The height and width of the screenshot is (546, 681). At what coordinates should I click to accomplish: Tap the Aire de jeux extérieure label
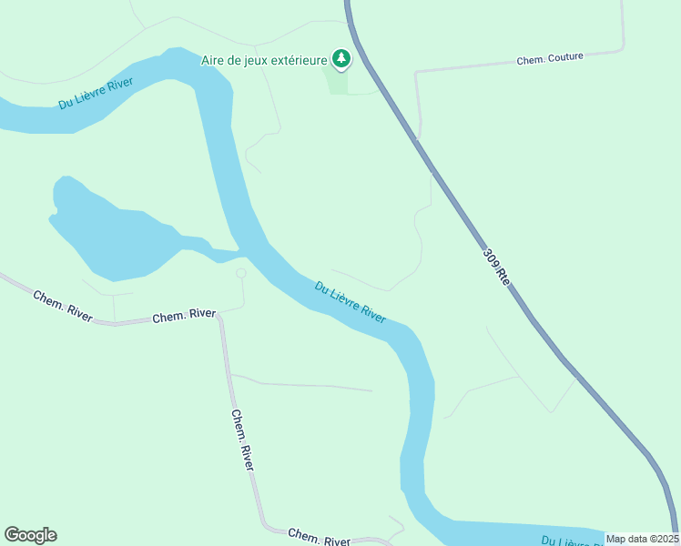tap(263, 61)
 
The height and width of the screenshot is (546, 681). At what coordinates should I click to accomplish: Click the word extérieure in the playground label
tap(297, 61)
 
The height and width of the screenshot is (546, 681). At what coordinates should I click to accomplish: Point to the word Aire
tap(213, 61)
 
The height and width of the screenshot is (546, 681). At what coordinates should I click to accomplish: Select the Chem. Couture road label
tap(550, 59)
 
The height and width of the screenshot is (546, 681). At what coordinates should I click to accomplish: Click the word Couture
tap(564, 58)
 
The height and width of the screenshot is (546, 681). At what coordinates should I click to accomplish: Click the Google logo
tap(30, 535)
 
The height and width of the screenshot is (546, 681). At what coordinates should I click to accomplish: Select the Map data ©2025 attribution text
tap(642, 539)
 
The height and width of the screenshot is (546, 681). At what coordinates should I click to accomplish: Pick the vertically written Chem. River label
tap(242, 440)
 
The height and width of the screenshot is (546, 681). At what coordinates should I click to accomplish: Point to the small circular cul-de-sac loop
tap(241, 273)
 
